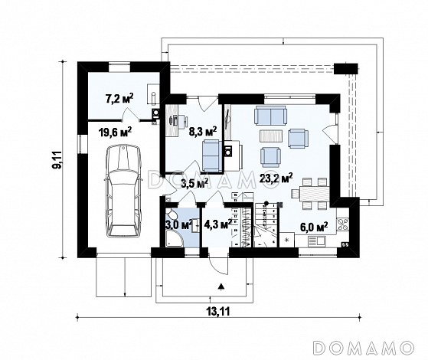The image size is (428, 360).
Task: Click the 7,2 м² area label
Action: coord(119,98)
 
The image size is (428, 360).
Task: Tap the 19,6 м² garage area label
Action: coord(115,133)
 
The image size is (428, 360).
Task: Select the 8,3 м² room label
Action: coord(203,132)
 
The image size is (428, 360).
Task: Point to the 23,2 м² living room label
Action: coord(276,178)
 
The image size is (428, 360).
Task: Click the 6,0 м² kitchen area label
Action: coord(314,227)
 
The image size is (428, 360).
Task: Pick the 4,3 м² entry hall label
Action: coord(218,224)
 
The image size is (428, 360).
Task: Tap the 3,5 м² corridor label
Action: coord(194,183)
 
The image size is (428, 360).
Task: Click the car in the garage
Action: coord(124,191)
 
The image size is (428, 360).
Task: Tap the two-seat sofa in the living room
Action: coord(270,116)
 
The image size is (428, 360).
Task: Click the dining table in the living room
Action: coord(314,194)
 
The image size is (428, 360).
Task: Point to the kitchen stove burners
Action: coord(342,224)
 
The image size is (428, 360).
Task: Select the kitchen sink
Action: coord(317,241)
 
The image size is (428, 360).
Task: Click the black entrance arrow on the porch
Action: coord(221,286)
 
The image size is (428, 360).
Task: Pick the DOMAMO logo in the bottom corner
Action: coord(363,348)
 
